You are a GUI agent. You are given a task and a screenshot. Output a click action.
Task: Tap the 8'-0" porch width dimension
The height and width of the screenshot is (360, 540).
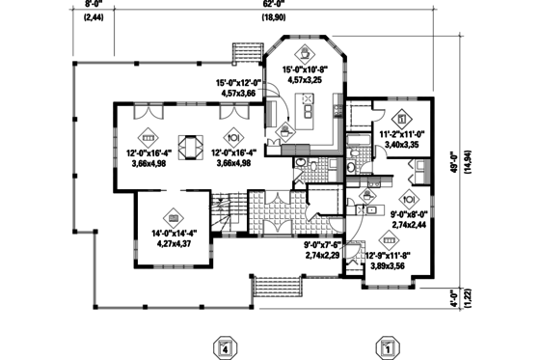click(x=93, y=4)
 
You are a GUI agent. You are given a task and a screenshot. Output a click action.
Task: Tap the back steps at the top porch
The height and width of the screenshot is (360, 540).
click(x=248, y=50)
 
